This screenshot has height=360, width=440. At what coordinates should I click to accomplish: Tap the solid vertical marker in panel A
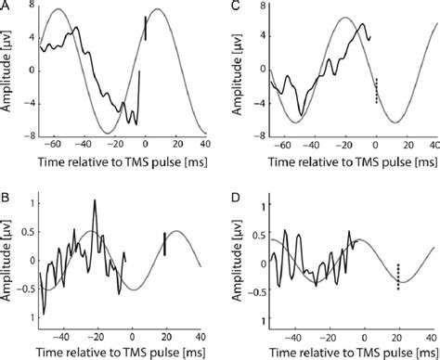tap(145, 29)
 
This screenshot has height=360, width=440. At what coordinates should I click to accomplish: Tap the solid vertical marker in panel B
tap(164, 244)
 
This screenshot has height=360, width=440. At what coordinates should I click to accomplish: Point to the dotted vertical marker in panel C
tap(376, 90)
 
